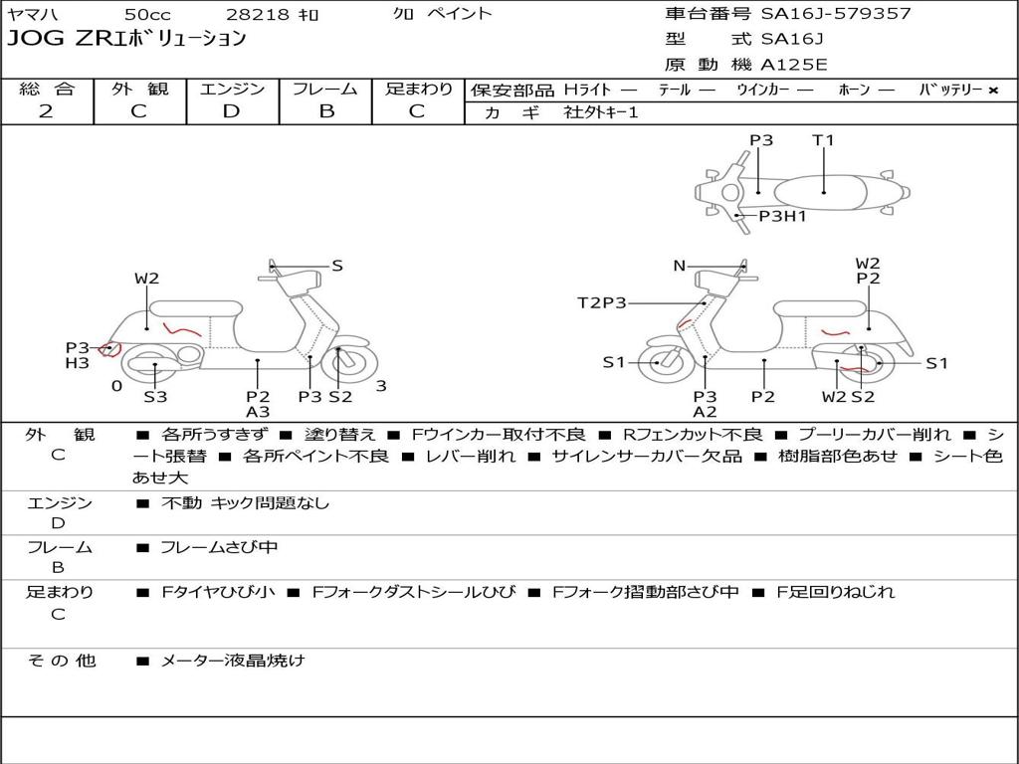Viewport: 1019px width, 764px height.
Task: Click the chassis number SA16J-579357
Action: (x=836, y=14)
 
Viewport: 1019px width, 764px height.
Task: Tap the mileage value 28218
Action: (x=259, y=14)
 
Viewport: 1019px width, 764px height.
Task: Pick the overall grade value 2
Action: (x=46, y=111)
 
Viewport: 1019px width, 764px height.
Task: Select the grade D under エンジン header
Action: (x=231, y=111)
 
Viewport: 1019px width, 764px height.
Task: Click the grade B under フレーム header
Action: (x=326, y=111)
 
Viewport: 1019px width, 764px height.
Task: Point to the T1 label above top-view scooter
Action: (x=823, y=140)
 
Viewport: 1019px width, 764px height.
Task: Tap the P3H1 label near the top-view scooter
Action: (x=783, y=216)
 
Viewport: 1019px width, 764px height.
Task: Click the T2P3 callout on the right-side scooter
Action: (x=602, y=302)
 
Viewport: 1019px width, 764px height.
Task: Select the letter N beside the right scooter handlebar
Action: (x=680, y=266)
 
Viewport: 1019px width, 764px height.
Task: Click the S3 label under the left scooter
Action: (x=155, y=396)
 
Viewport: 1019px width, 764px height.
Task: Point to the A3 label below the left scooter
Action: (x=258, y=412)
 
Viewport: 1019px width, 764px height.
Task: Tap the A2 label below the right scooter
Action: (x=705, y=412)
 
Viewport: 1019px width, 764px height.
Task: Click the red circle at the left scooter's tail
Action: (x=112, y=347)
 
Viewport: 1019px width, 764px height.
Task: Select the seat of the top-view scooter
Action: (x=824, y=191)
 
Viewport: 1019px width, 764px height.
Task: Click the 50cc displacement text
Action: (x=146, y=14)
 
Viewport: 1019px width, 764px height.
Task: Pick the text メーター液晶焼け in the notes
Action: (x=233, y=661)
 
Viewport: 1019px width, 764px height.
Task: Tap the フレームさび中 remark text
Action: (x=219, y=547)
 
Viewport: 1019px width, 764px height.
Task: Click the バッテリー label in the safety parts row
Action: (x=950, y=90)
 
